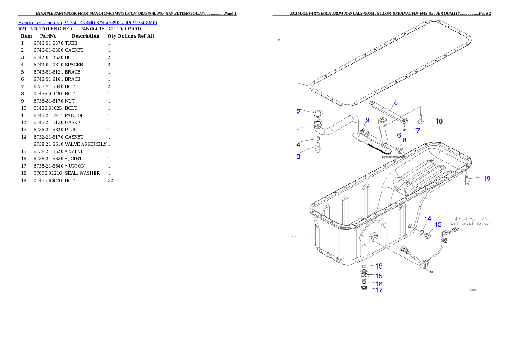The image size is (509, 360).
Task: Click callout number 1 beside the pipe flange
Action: [x=299, y=130]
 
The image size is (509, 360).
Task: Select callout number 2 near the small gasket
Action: [x=299, y=112]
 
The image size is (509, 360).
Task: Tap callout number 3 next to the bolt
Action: [x=299, y=157]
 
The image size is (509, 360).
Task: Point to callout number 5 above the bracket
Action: [x=396, y=102]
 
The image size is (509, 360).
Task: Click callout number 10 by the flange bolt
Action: [x=439, y=121]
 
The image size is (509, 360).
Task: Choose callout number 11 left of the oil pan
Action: [x=294, y=238]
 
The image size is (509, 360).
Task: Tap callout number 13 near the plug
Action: [x=438, y=224]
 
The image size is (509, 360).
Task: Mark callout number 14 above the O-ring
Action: [x=428, y=219]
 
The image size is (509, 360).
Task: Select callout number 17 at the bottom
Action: [x=379, y=290]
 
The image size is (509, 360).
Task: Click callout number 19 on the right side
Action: [x=487, y=179]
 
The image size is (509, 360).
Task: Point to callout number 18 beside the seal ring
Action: [x=379, y=266]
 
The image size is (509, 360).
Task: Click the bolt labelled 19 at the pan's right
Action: [x=467, y=181]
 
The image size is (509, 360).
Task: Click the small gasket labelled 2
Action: [x=317, y=114]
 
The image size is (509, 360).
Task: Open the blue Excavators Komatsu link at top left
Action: [x=87, y=22]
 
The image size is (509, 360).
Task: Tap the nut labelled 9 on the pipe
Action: [x=361, y=131]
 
